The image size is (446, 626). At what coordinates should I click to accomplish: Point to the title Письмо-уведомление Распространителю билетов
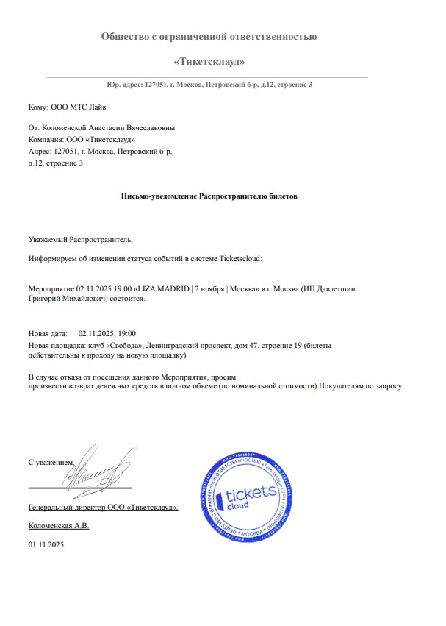209,196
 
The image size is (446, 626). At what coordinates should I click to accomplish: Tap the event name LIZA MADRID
161,290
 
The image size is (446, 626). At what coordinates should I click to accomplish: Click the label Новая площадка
56,344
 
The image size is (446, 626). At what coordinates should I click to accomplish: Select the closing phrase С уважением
51,462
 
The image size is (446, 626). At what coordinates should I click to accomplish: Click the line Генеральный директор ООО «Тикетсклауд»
103,508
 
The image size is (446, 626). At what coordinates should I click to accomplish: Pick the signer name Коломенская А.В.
59,526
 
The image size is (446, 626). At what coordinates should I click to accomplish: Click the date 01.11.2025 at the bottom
46,544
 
